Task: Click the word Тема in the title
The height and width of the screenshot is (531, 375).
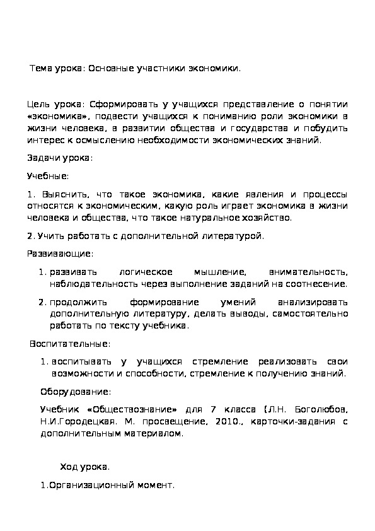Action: (x=41, y=68)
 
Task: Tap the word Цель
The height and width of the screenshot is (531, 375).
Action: (x=39, y=104)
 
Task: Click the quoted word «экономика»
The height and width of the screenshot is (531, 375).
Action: (x=59, y=117)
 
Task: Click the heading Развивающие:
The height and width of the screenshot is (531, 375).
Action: (x=60, y=254)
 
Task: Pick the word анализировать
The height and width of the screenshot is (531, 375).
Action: (x=312, y=302)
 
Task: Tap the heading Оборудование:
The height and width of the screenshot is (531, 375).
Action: (x=76, y=391)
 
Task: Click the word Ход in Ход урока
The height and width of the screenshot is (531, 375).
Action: (x=68, y=467)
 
